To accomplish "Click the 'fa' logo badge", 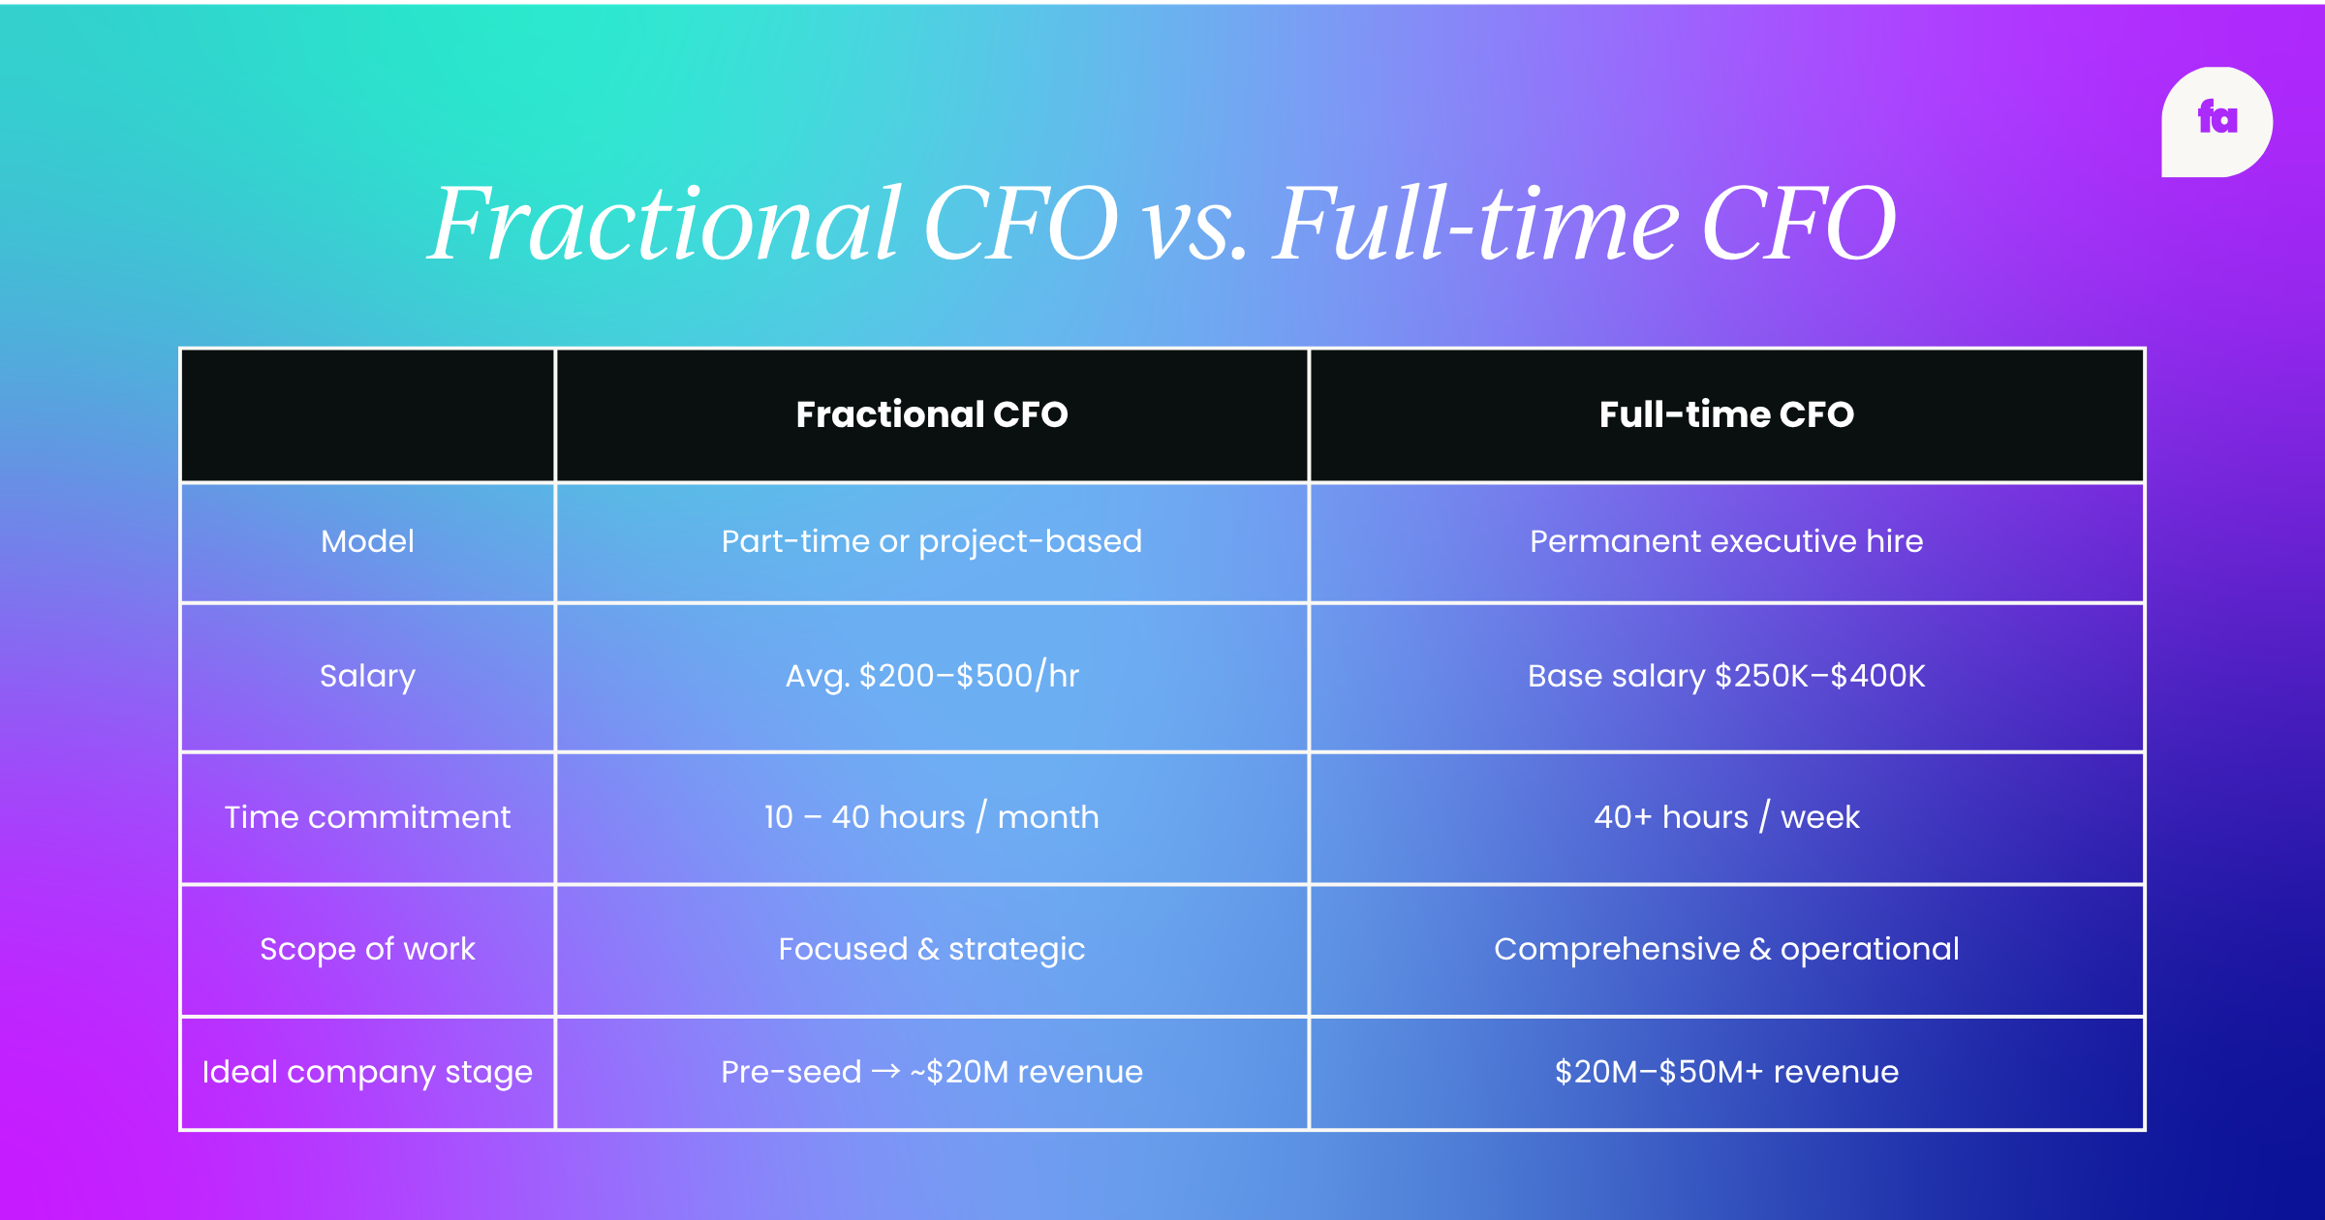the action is [x=2216, y=122].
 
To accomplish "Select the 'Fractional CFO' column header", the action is [x=932, y=414].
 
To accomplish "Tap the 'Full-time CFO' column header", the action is [x=1726, y=414].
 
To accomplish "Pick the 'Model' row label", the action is [x=367, y=541].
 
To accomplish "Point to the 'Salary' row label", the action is [x=367, y=676].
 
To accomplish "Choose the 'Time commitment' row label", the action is [x=367, y=817].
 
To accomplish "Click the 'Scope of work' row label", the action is [x=367, y=949].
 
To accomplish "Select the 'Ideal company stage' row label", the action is [x=367, y=1072].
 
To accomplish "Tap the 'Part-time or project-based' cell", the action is [x=932, y=541].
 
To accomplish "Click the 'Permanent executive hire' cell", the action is [x=1726, y=541].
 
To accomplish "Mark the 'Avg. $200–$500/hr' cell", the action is [x=932, y=676].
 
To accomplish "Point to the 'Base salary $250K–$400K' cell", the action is [x=1726, y=676].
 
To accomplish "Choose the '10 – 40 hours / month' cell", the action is [x=932, y=817].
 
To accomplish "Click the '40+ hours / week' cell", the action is [x=1726, y=817].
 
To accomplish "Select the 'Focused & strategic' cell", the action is [x=932, y=949].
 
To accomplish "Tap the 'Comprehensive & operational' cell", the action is [x=1726, y=949].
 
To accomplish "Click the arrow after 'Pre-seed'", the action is [x=885, y=1071].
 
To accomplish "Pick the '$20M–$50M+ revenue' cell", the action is [x=1726, y=1072].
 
